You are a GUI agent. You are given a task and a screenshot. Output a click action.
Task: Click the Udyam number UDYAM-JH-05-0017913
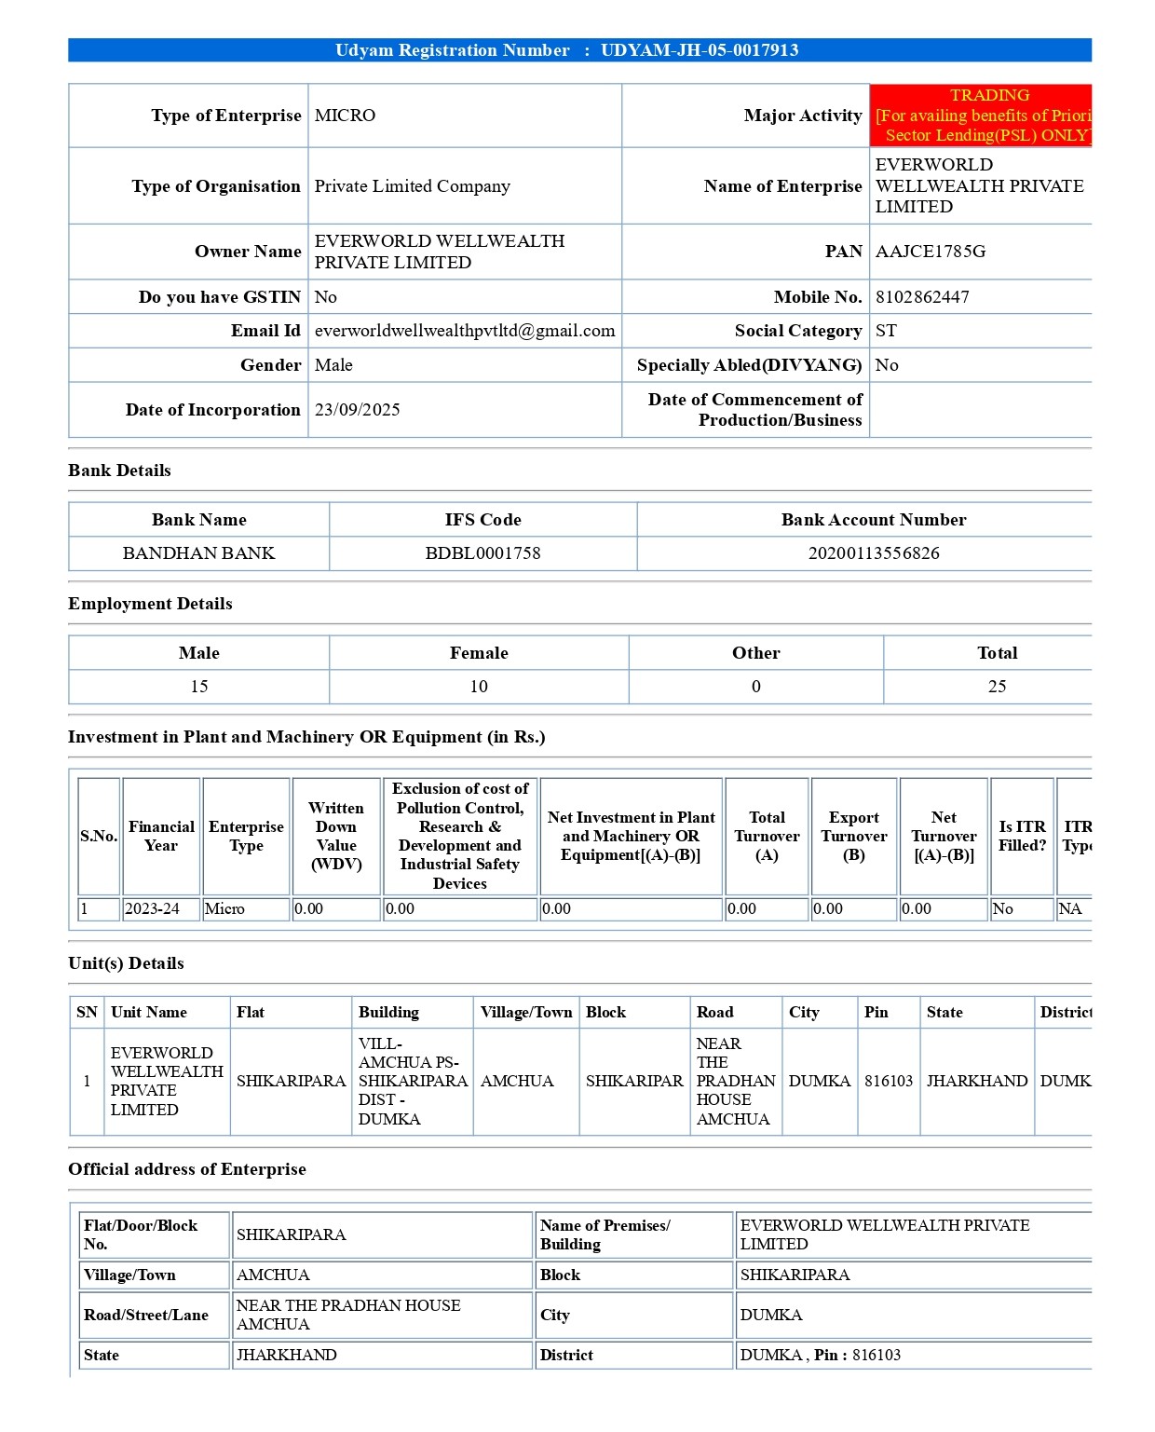pyautogui.click(x=700, y=50)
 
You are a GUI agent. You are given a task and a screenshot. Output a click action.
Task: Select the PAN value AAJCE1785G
pyautogui.click(x=930, y=252)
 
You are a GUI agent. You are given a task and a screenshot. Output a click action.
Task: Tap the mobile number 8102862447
pyautogui.click(x=922, y=297)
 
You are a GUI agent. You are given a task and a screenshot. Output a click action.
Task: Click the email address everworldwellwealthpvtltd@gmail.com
pyautogui.click(x=465, y=331)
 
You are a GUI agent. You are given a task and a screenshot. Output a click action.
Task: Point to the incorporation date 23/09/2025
pyautogui.click(x=357, y=410)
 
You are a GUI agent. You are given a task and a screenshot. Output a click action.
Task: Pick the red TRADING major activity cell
pyautogui.click(x=981, y=116)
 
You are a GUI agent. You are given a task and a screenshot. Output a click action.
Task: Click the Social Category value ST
pyautogui.click(x=886, y=331)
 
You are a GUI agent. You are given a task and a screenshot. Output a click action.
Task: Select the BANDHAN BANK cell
pyautogui.click(x=198, y=553)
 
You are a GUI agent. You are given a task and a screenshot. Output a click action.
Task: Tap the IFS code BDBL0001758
pyautogui.click(x=482, y=553)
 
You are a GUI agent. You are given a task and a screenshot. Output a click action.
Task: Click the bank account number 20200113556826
pyautogui.click(x=874, y=553)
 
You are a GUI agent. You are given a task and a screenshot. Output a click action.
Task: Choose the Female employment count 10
pyautogui.click(x=479, y=687)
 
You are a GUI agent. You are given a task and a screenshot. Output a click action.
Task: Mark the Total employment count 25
pyautogui.click(x=997, y=687)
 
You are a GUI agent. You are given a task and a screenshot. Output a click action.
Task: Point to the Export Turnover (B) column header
pyautogui.click(x=854, y=836)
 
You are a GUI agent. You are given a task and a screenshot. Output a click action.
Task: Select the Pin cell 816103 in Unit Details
pyautogui.click(x=889, y=1081)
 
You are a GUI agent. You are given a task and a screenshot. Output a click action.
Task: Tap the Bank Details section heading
pyautogui.click(x=119, y=471)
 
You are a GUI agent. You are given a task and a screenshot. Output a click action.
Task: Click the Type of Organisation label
pyautogui.click(x=216, y=186)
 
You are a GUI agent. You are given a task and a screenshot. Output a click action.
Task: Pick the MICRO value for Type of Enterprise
pyautogui.click(x=345, y=116)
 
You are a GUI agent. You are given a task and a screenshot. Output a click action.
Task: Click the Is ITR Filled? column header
pyautogui.click(x=1022, y=836)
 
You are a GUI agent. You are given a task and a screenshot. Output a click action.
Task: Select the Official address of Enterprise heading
pyautogui.click(x=186, y=1169)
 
